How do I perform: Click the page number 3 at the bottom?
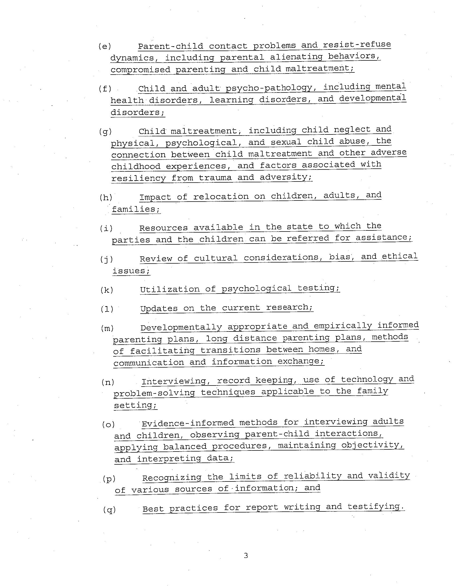pyautogui.click(x=246, y=556)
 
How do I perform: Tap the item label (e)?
pyautogui.click(x=105, y=47)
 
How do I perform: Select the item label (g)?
pyautogui.click(x=105, y=132)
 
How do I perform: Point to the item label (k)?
pyautogui.click(x=107, y=290)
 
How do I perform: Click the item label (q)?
pyautogui.click(x=109, y=509)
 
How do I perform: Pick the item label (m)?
pyautogui.click(x=107, y=328)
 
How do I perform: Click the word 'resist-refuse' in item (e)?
pyautogui.click(x=357, y=44)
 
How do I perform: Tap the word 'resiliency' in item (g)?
pyautogui.click(x=139, y=178)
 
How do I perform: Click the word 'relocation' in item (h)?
pyautogui.click(x=221, y=196)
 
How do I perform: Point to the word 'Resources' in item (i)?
pyautogui.click(x=163, y=228)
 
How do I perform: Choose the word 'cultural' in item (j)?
pyautogui.click(x=216, y=258)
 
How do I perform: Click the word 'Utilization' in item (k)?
pyautogui.click(x=170, y=289)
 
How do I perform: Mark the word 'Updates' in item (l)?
pyautogui.click(x=159, y=308)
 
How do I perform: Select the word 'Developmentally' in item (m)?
pyautogui.click(x=181, y=327)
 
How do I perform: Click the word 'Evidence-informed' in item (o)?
pyautogui.click(x=188, y=423)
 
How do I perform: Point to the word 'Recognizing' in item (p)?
pyautogui.click(x=172, y=478)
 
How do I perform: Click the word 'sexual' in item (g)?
pyautogui.click(x=286, y=142)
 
